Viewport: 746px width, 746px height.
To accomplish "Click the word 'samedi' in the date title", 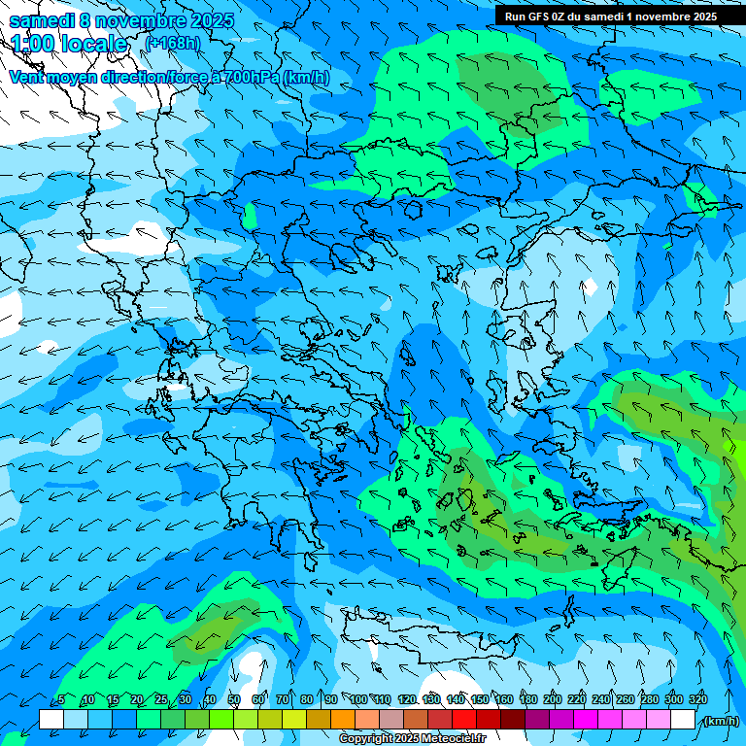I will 41,19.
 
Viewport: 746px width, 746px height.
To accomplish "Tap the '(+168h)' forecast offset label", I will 172,43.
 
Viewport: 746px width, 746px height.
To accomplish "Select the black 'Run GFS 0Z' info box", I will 621,16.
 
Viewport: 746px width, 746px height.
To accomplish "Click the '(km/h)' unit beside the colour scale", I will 720,721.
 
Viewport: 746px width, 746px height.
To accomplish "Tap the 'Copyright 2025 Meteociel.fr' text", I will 412,739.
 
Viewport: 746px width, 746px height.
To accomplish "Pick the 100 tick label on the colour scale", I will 358,699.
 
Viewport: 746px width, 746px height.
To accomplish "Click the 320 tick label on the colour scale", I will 697,699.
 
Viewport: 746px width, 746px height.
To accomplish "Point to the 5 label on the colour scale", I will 61,699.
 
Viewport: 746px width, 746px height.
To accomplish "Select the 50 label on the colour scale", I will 234,699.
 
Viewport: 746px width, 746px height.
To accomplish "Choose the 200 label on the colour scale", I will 552,699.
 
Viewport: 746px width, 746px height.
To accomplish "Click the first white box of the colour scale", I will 51,720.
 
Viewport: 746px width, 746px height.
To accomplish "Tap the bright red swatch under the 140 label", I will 464,720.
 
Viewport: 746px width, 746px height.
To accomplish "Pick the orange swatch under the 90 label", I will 343,720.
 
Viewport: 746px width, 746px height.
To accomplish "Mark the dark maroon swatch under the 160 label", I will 513,720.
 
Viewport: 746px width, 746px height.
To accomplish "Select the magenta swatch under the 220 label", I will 586,720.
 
